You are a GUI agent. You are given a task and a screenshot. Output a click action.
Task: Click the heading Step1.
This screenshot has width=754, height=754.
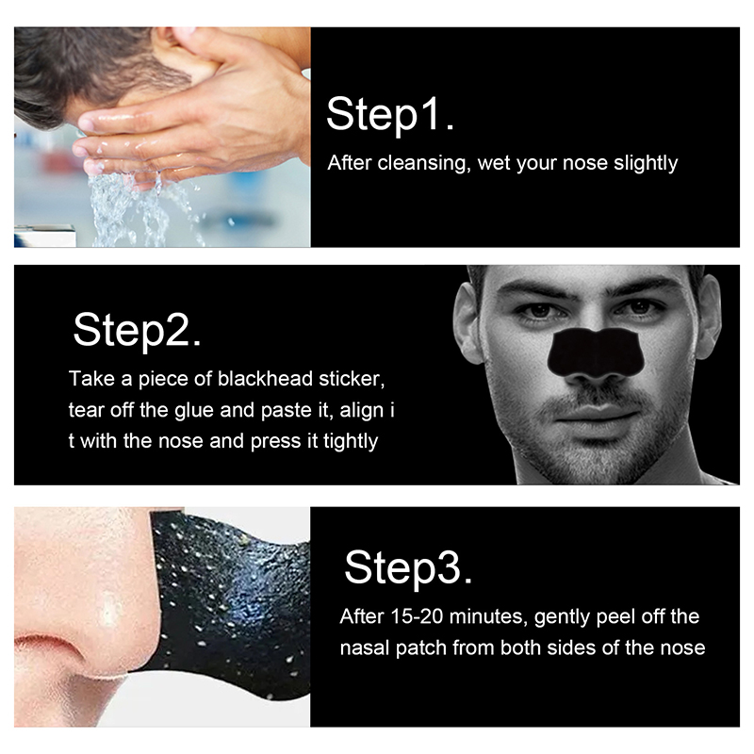390,115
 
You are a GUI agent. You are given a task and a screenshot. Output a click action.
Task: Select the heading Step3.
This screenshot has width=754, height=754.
408,568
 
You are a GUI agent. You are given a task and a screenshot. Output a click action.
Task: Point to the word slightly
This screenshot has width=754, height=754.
646,163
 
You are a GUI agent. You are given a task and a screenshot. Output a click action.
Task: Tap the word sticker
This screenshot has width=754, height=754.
352,379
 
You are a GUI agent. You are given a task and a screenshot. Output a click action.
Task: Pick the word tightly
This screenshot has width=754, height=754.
351,441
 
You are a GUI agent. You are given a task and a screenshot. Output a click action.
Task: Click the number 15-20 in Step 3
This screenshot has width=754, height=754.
416,616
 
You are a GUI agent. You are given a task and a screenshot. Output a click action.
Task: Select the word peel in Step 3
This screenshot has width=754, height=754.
616,617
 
